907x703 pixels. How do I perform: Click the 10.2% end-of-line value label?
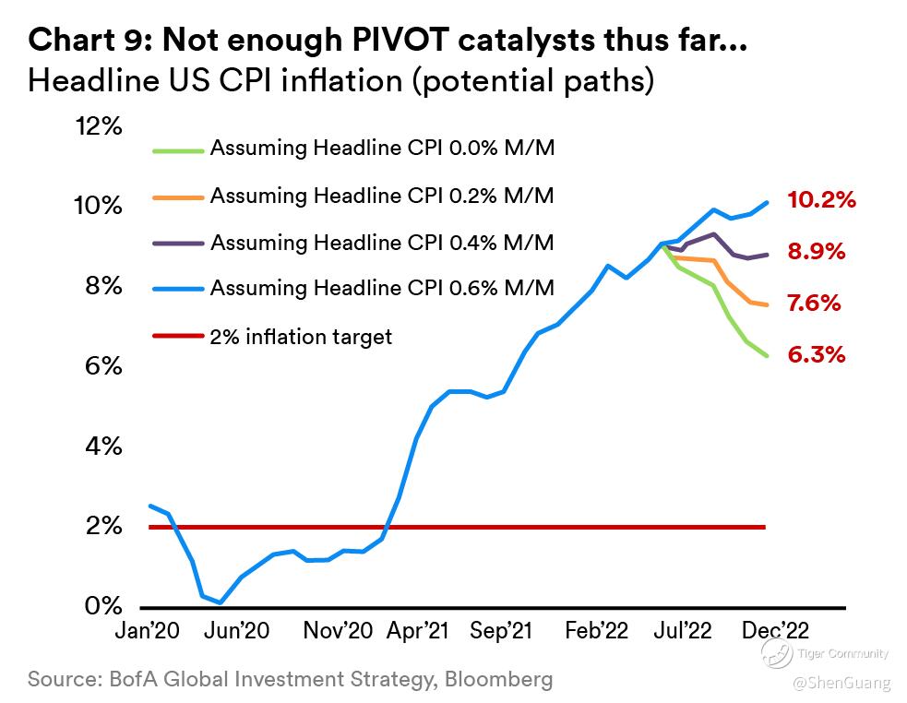(822, 199)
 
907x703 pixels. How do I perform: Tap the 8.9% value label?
(817, 252)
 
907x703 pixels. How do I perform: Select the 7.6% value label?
(816, 304)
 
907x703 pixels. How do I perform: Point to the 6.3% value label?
(817, 355)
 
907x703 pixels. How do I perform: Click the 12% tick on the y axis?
(99, 126)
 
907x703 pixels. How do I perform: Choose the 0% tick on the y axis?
(104, 607)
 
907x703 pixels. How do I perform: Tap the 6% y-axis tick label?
(104, 366)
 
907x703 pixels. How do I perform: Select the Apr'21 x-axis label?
(418, 631)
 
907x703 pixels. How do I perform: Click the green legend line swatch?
(175, 148)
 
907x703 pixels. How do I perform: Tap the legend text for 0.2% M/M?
(382, 196)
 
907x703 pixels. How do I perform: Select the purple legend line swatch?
(175, 243)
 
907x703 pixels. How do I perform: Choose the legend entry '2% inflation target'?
(301, 337)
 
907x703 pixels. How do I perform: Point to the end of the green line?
(767, 356)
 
